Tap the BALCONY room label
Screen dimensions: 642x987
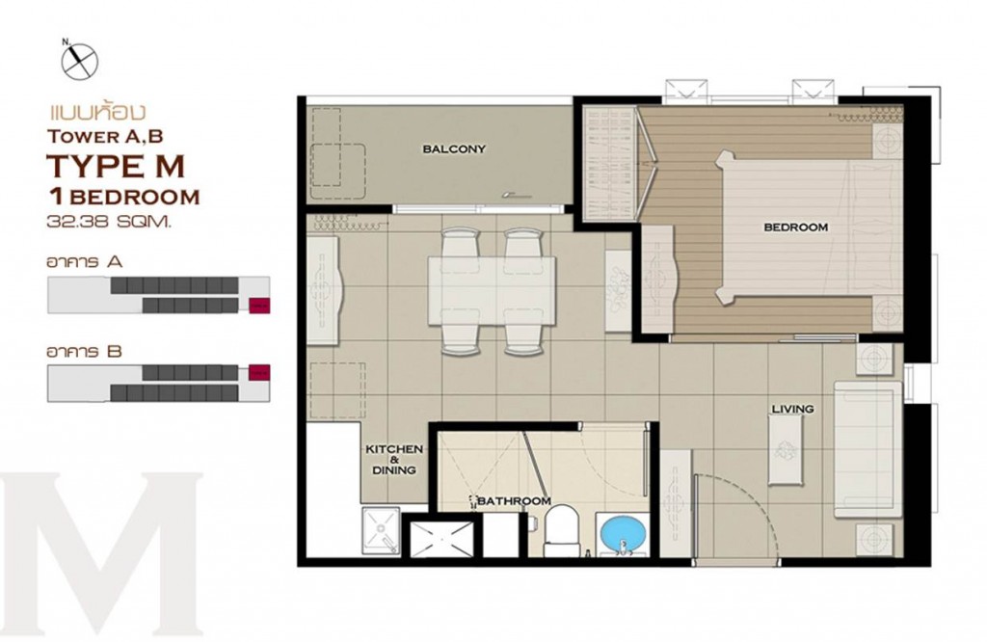(x=452, y=149)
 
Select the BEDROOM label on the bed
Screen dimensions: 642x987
(x=795, y=227)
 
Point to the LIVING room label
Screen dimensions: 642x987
(x=791, y=410)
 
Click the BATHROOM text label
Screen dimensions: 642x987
(x=514, y=501)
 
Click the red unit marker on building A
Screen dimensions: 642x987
(x=258, y=307)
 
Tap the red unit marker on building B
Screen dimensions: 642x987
(x=258, y=371)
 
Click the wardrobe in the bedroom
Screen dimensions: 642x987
(x=609, y=165)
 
